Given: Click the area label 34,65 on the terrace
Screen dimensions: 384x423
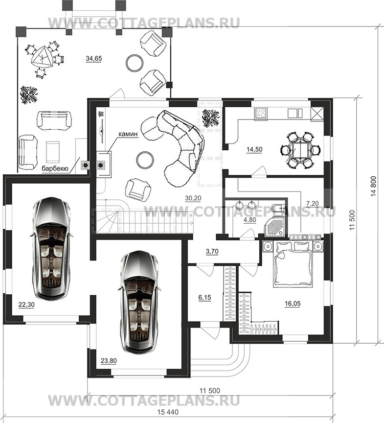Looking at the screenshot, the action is click(x=94, y=58).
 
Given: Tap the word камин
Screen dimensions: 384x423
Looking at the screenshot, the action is click(x=128, y=134).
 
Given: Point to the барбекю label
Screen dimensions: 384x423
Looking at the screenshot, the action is click(x=54, y=169).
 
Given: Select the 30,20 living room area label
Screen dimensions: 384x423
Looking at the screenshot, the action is click(x=193, y=198).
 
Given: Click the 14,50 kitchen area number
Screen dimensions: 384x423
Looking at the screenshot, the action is click(x=254, y=149).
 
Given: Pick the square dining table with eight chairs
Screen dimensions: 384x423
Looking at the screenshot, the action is click(x=301, y=150).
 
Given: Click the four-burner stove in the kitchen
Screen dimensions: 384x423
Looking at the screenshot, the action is click(x=261, y=113).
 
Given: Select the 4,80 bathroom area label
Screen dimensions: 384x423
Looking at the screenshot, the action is click(x=249, y=220).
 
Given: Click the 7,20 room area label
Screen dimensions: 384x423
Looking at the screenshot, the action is click(x=312, y=203).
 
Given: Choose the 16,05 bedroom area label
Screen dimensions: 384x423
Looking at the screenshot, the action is click(x=293, y=304).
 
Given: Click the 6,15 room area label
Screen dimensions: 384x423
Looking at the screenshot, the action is click(x=205, y=298).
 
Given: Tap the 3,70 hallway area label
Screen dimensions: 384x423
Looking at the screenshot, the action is click(x=212, y=252).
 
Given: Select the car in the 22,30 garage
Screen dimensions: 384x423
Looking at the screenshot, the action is click(x=51, y=248).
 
